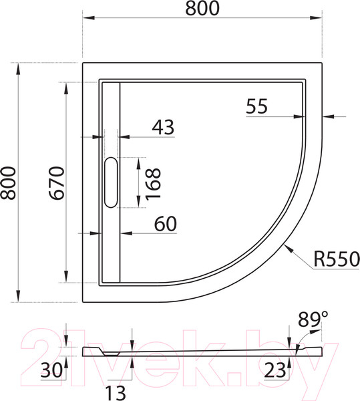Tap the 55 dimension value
click(256, 106)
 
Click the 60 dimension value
click(166, 224)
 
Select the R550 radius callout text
click(337, 259)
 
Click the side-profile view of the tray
click(200, 351)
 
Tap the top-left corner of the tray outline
click(83, 63)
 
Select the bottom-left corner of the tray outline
click(83, 301)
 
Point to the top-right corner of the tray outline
click(323, 63)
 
